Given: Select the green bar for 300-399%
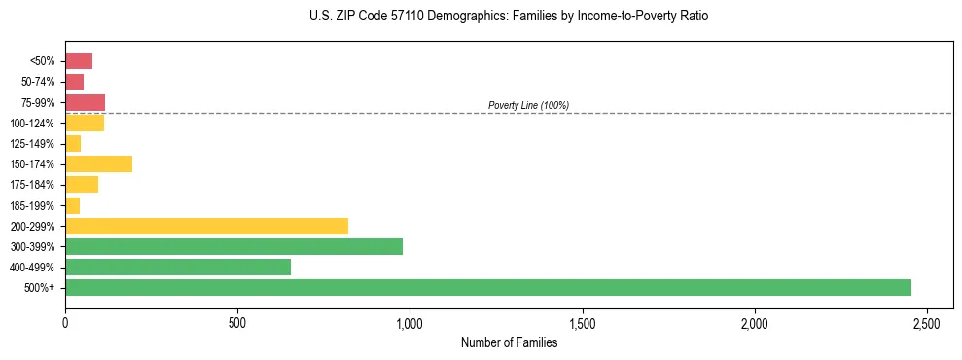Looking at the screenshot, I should click(233, 246).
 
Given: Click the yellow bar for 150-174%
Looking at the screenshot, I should click(98, 163).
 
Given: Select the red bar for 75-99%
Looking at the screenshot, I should click(85, 102).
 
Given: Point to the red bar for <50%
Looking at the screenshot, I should click(79, 61).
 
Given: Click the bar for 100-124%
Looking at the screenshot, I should click(85, 123).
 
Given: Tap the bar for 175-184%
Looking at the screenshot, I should click(82, 185).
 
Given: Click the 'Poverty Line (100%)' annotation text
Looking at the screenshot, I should click(528, 105).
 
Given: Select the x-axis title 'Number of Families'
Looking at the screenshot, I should click(509, 342).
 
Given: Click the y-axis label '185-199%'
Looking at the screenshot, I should click(33, 205).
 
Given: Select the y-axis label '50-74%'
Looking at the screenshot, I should click(37, 82).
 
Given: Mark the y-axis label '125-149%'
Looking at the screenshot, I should click(33, 143).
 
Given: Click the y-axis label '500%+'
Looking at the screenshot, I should click(41, 288).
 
